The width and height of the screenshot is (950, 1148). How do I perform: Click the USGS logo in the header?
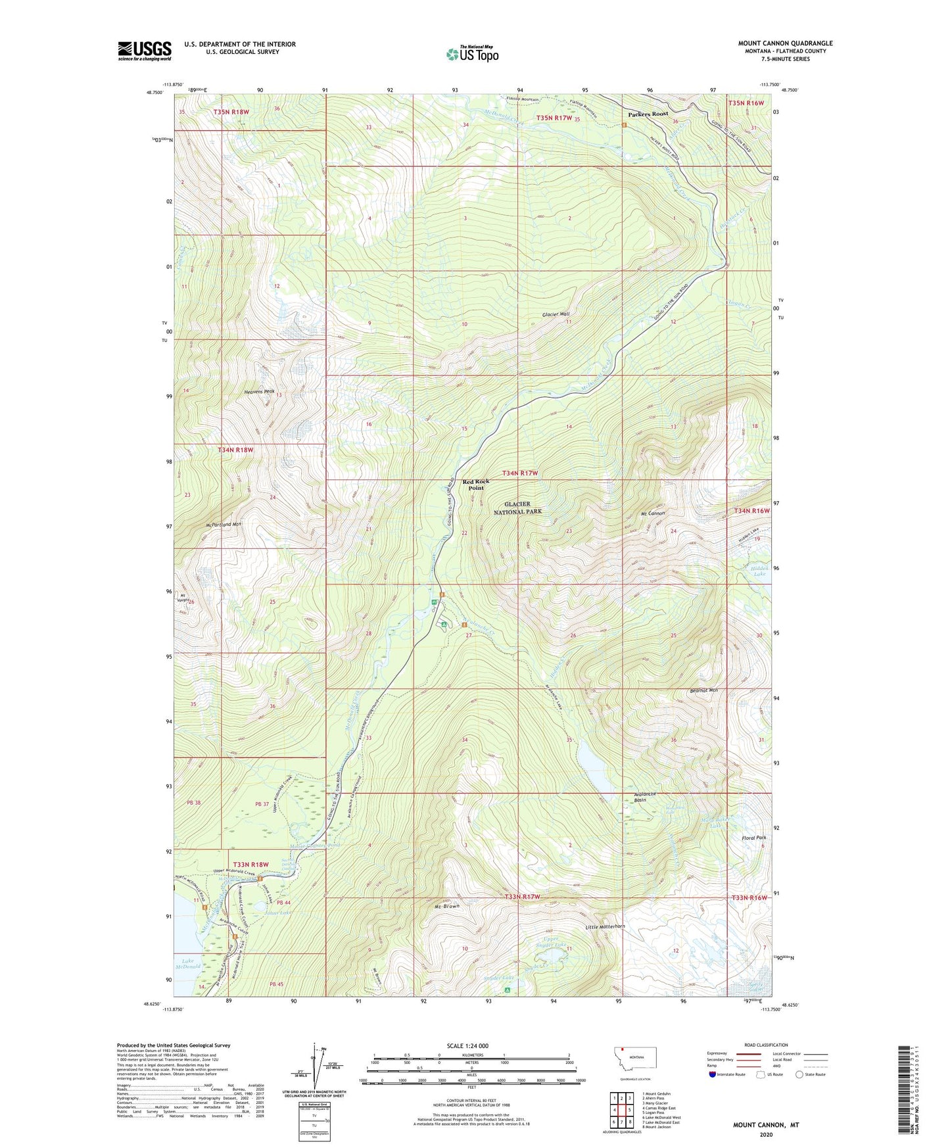click(x=145, y=51)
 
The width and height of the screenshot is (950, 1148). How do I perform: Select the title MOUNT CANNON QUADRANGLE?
click(x=785, y=43)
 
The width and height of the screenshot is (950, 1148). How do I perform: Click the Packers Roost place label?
click(x=648, y=114)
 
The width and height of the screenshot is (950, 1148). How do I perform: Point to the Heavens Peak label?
click(x=259, y=391)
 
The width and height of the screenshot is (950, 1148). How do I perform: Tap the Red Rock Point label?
click(x=476, y=485)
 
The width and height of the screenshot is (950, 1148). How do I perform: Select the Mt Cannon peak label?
click(x=653, y=513)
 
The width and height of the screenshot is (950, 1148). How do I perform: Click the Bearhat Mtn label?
click(x=703, y=690)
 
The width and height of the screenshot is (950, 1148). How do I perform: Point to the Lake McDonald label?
click(x=187, y=964)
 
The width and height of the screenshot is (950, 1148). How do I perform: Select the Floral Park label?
click(x=742, y=838)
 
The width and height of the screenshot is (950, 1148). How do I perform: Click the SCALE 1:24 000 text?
click(x=467, y=1045)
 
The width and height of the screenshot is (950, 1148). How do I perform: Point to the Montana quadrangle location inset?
click(x=634, y=1061)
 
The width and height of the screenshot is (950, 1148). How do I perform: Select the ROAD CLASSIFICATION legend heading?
click(x=766, y=1045)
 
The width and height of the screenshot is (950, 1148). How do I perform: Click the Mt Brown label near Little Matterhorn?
click(x=447, y=906)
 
